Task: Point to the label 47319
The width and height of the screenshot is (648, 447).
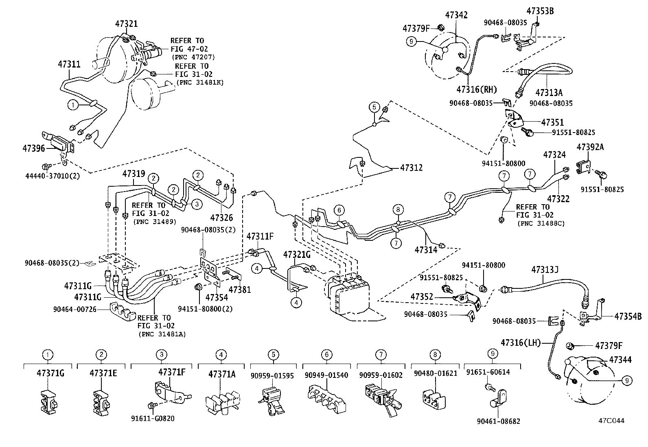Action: tap(134, 174)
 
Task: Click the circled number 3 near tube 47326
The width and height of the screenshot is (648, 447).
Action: tap(196, 204)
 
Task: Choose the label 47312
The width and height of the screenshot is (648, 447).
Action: tap(411, 168)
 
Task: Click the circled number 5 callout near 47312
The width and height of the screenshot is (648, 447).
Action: tap(374, 107)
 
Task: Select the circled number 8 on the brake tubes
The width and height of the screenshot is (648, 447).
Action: tap(398, 210)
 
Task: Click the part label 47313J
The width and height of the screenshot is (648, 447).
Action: tap(545, 270)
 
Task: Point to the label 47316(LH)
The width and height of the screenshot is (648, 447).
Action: tap(521, 343)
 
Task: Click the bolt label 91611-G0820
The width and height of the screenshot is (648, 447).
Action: tap(153, 419)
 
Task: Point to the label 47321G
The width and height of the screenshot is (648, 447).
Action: tap(297, 255)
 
